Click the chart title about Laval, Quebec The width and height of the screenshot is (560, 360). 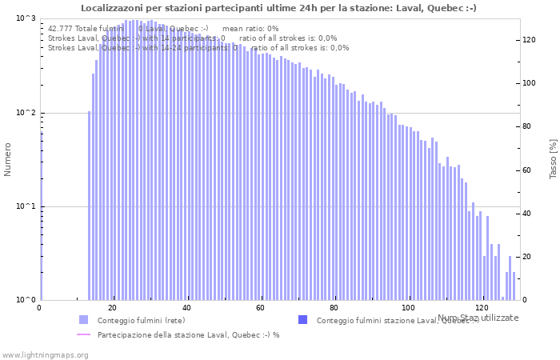tap(279, 8)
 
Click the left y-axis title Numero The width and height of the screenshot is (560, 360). tap(8, 160)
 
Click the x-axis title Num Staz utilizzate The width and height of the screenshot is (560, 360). tap(478, 318)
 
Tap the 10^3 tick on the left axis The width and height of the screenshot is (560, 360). tap(26, 18)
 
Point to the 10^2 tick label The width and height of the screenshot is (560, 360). tap(26, 113)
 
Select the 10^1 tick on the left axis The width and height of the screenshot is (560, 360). tap(26, 206)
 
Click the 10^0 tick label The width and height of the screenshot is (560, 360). tap(26, 300)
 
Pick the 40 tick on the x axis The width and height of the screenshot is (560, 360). tap(187, 308)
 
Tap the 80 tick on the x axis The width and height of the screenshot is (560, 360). tap(334, 308)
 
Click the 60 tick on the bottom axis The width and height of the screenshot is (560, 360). tap(261, 308)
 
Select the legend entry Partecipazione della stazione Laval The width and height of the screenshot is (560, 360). tap(188, 334)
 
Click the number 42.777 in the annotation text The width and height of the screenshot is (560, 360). tap(61, 29)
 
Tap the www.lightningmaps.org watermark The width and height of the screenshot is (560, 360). tap(45, 354)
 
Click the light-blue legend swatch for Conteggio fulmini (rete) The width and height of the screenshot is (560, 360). tap(84, 320)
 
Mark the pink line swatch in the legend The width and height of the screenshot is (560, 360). tap(84, 334)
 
